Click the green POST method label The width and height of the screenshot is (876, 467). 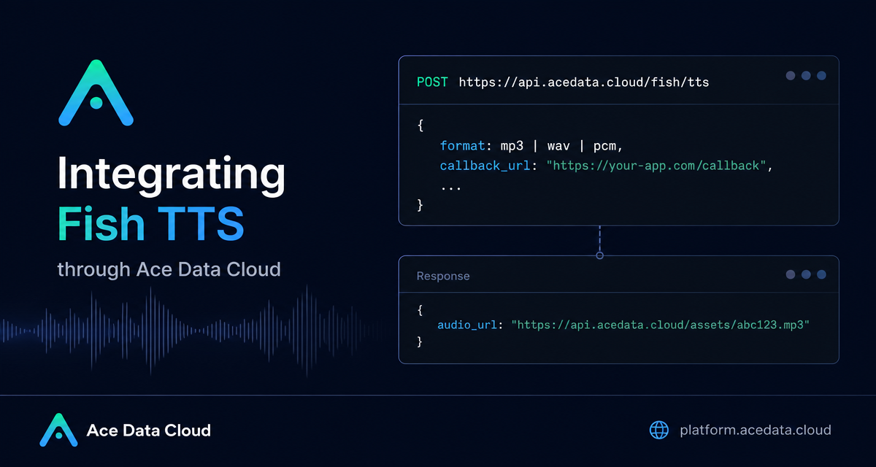(432, 82)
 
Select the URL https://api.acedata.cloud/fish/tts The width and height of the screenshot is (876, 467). (584, 82)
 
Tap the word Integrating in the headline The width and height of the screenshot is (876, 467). (172, 174)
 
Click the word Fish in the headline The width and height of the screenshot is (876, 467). (101, 223)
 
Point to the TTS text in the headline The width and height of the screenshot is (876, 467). (201, 223)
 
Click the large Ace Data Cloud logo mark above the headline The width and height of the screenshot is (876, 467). (96, 93)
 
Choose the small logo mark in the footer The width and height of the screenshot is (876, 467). (58, 430)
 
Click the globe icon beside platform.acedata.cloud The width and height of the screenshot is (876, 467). (659, 430)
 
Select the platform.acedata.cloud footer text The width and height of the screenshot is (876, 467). (756, 430)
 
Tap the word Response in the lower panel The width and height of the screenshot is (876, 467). (443, 276)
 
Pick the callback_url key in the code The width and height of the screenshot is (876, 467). (485, 166)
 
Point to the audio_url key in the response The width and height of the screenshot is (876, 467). (467, 325)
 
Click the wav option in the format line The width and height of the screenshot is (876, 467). (558, 146)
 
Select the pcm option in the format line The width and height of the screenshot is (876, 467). (604, 147)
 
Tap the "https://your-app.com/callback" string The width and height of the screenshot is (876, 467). (656, 166)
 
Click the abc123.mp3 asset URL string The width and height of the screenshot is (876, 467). (660, 325)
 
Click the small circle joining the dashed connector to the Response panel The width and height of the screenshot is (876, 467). (599, 255)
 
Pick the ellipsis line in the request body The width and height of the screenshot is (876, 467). (451, 188)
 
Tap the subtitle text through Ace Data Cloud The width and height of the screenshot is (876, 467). (169, 269)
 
